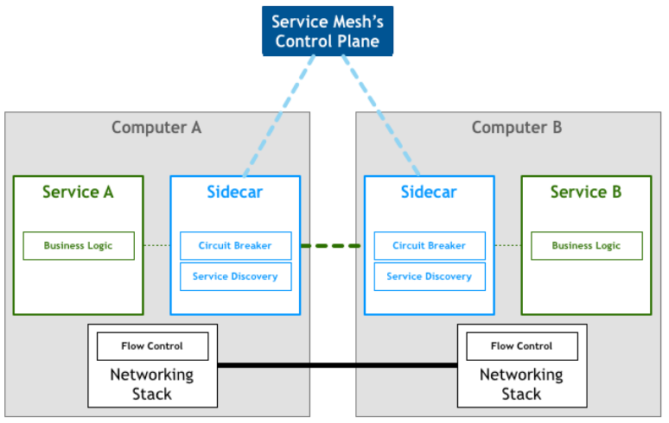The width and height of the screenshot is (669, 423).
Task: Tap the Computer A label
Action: click(x=156, y=128)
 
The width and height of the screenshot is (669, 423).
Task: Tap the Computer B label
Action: click(x=517, y=128)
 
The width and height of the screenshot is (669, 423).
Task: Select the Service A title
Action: click(x=78, y=192)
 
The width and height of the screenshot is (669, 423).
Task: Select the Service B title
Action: click(x=586, y=192)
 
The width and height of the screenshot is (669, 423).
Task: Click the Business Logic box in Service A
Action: click(x=79, y=246)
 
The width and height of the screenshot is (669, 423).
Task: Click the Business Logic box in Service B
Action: click(x=586, y=246)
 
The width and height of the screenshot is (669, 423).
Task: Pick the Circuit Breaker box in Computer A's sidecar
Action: click(x=235, y=246)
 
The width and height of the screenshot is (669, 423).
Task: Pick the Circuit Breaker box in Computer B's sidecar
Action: click(x=430, y=246)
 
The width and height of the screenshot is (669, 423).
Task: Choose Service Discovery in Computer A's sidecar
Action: click(x=235, y=277)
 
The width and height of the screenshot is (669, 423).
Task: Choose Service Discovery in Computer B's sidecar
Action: click(x=430, y=277)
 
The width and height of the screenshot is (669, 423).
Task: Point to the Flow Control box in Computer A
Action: click(x=152, y=346)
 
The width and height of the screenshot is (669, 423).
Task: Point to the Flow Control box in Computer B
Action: click(x=521, y=346)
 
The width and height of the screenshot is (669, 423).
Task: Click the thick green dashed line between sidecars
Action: click(x=332, y=246)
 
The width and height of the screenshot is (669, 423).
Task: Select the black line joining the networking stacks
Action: click(x=337, y=365)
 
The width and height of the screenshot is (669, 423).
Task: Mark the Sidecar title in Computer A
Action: click(x=234, y=192)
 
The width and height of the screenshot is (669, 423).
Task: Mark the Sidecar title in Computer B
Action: click(x=429, y=192)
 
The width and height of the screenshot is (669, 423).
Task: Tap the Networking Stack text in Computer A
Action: click(x=152, y=384)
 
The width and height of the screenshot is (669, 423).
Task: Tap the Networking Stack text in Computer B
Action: click(x=521, y=384)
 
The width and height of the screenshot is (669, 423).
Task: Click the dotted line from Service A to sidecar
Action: click(x=156, y=246)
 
